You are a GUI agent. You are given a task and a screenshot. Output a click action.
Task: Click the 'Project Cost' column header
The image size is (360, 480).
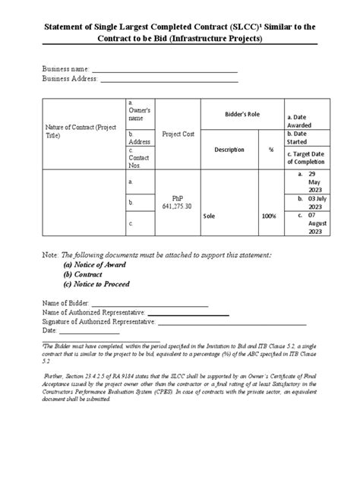pyautogui.click(x=178, y=134)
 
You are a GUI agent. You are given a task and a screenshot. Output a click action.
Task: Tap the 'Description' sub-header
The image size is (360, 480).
pyautogui.click(x=229, y=150)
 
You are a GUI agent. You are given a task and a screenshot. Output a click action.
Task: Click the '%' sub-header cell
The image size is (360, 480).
pyautogui.click(x=270, y=150)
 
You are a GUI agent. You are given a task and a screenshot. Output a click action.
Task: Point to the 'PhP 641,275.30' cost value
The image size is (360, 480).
pyautogui.click(x=178, y=202)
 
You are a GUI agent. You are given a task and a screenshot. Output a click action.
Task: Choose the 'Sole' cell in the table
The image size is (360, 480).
pyautogui.click(x=210, y=216)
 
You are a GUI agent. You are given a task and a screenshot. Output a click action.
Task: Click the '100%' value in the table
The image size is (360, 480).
pyautogui.click(x=270, y=216)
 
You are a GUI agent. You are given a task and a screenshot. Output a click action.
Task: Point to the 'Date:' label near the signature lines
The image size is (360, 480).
pyautogui.click(x=51, y=330)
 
